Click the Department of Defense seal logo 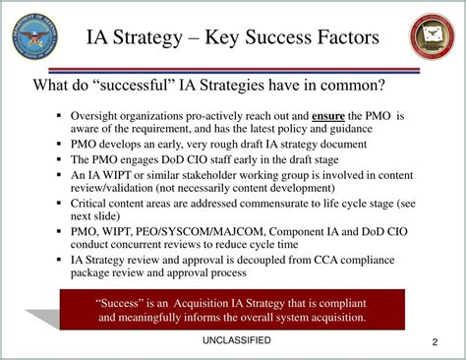pos(35,36)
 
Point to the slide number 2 pos(434,342)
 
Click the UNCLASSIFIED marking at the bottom pos(232,342)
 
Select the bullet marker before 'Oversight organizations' pos(60,116)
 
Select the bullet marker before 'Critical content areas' pos(60,203)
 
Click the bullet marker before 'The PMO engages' pos(60,158)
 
